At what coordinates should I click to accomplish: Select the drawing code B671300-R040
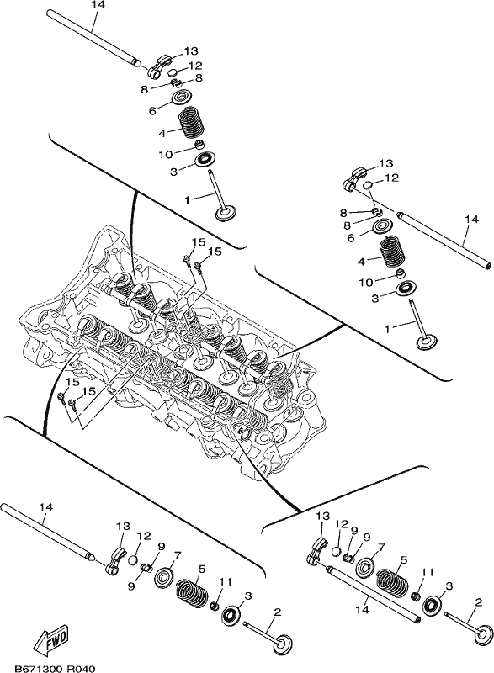coord(55,668)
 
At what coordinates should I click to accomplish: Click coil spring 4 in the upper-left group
coord(191,123)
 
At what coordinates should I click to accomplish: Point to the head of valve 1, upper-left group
coord(226,214)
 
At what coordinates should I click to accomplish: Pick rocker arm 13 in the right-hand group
coord(354,178)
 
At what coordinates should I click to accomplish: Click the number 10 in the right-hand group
coord(367,282)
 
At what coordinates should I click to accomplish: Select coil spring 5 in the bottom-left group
coord(192,591)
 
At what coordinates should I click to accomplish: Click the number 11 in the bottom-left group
coord(225,582)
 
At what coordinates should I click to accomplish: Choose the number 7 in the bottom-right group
coord(380,548)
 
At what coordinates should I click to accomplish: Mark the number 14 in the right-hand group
coord(471,219)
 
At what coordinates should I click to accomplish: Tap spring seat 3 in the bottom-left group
coord(231,615)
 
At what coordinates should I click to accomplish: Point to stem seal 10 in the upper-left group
coord(199,143)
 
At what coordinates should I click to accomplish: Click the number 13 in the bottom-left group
coord(123,525)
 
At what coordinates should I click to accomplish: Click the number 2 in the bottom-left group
coord(277,612)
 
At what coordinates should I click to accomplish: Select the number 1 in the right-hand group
coord(388,329)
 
